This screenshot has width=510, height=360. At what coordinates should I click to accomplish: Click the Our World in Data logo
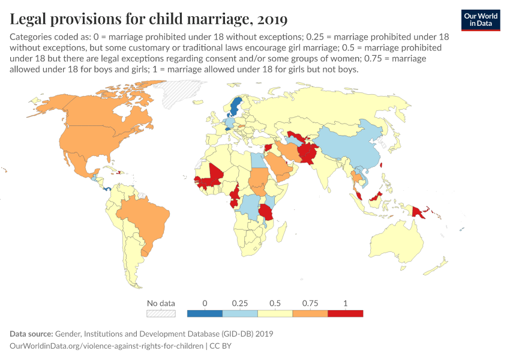coord(481,20)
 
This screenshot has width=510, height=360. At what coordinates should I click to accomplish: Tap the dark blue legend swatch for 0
coord(205,313)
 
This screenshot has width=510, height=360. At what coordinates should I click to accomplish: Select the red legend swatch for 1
coord(346,313)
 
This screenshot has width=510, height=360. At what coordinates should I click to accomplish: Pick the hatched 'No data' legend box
coord(161,313)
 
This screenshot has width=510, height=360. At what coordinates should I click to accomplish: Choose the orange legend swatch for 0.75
coord(310,313)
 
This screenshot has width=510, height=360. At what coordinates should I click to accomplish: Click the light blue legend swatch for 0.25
coord(240,313)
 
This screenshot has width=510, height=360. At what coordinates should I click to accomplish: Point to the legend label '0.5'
coord(275,303)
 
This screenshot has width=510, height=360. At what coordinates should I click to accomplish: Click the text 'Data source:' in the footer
coord(31,334)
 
